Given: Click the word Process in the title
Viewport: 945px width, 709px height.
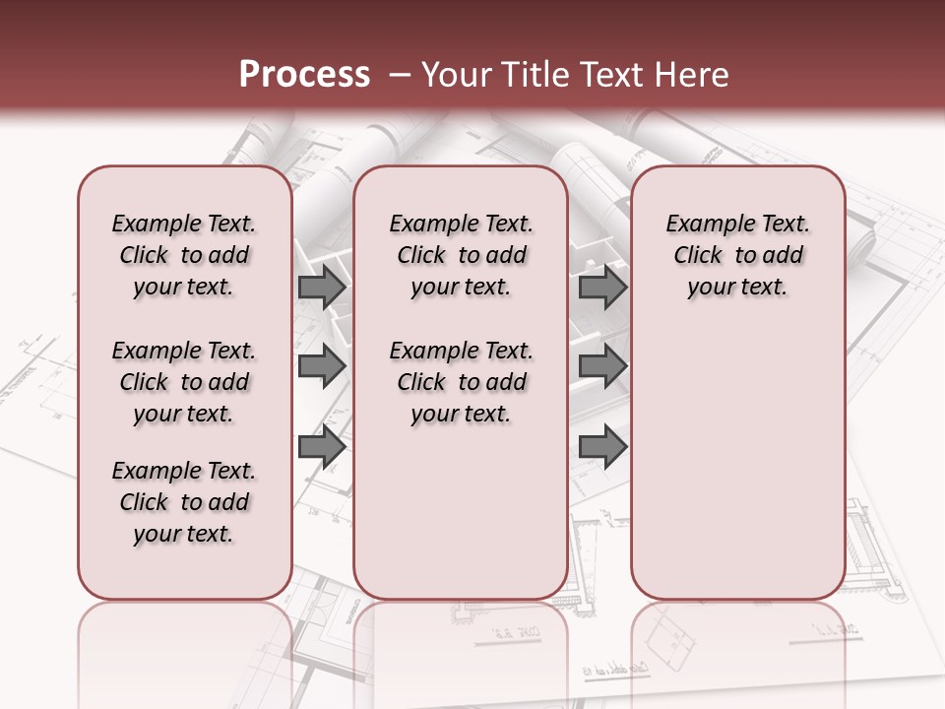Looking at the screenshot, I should coord(304,75).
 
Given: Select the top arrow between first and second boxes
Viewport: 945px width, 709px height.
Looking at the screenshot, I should coord(321,288).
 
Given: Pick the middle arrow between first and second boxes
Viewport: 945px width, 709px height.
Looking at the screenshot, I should coord(321,366).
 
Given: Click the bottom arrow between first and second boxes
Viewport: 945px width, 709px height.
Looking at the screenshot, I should coord(321,447).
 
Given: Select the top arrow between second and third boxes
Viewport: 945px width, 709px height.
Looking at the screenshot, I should coord(602,288).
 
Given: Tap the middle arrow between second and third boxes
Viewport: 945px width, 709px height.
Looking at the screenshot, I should coord(602,366).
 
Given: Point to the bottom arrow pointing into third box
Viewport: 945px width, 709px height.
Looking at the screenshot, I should coord(602,447).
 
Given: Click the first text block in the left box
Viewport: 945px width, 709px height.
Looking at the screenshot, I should coord(184,255).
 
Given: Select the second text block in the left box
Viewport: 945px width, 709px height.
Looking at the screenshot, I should coord(184,382).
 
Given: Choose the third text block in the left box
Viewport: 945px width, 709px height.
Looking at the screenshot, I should coord(184,502).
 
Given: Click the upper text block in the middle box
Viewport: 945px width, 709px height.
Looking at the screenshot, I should coord(461,255).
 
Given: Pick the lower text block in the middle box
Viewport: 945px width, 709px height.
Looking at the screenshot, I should coord(461,382).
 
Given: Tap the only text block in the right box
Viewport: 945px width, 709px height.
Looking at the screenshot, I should coord(738,255).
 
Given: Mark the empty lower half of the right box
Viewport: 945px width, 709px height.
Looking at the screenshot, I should coord(738,473).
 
